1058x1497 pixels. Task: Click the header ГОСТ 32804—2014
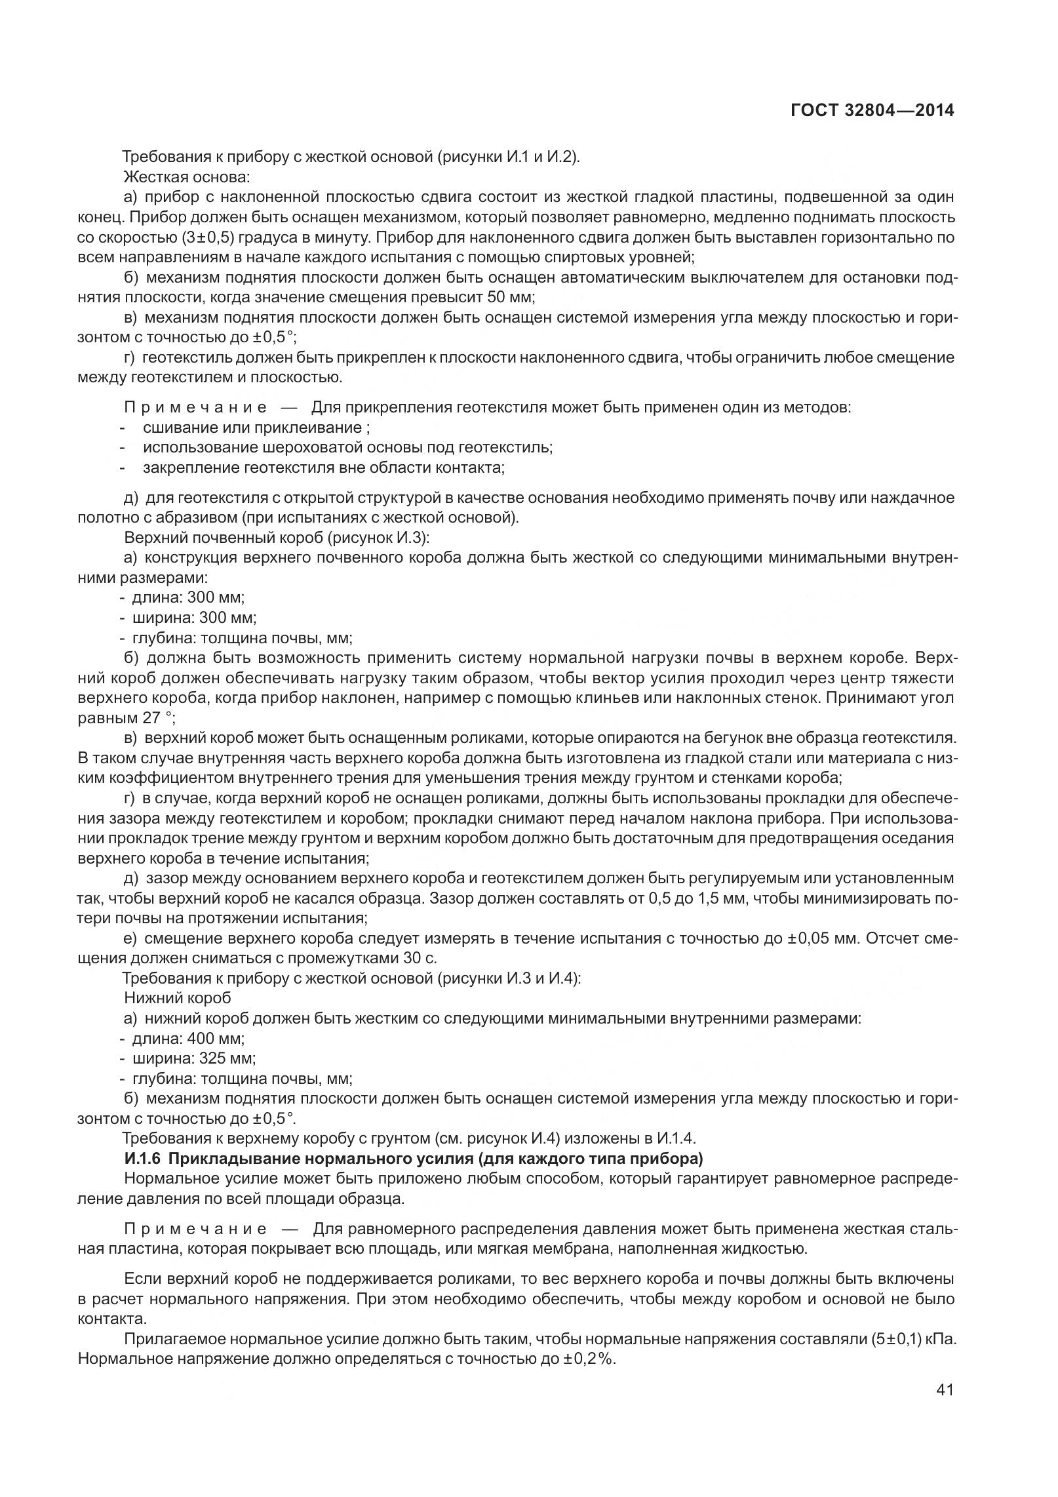pos(872,110)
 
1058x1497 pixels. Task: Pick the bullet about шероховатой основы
pos(347,448)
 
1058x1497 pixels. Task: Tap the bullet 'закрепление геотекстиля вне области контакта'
pos(324,468)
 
